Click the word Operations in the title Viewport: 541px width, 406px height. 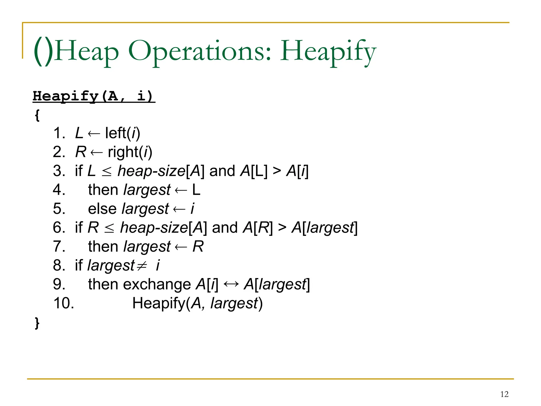pyautogui.click(x=200, y=52)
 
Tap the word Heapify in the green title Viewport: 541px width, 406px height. pyautogui.click(x=328, y=52)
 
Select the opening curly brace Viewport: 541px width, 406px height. pyautogui.click(x=37, y=115)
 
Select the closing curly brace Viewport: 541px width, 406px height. pyautogui.click(x=37, y=323)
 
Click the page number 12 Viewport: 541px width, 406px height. pyautogui.click(x=504, y=394)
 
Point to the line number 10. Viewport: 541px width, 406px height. pyautogui.click(x=64, y=303)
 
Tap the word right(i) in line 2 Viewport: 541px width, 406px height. pyautogui.click(x=130, y=152)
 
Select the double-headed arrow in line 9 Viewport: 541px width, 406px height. pyautogui.click(x=231, y=284)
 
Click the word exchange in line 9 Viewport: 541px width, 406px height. pyautogui.click(x=157, y=285)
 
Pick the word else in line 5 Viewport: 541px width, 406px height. pyautogui.click(x=102, y=209)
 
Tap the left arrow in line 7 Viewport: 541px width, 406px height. pyautogui.click(x=181, y=247)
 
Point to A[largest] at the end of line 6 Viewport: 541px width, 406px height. pyautogui.click(x=324, y=228)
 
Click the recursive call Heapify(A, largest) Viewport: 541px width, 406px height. pyautogui.click(x=197, y=303)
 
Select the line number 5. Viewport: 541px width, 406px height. pyautogui.click(x=59, y=209)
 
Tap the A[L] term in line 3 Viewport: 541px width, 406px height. pyautogui.click(x=254, y=171)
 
